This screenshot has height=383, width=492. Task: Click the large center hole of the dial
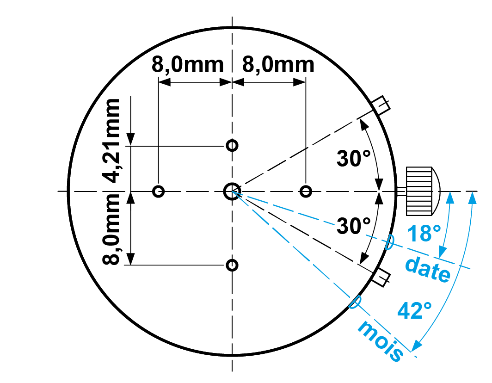click(x=232, y=191)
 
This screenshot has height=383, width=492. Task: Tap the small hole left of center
click(x=159, y=191)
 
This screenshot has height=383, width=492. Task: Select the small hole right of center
click(x=305, y=191)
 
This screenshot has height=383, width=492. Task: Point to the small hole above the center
click(x=232, y=146)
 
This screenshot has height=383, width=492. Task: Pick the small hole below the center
click(x=232, y=265)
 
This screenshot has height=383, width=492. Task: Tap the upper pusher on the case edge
click(x=382, y=105)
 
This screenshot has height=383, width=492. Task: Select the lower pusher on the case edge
click(x=382, y=277)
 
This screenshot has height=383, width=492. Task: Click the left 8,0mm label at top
click(x=187, y=65)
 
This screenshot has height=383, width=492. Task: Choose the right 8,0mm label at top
click(x=278, y=65)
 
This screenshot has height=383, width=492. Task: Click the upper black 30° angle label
click(x=354, y=159)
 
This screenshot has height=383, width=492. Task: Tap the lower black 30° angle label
click(x=354, y=226)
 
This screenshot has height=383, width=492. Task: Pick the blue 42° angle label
click(x=415, y=310)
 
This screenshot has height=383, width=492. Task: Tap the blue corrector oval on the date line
click(x=390, y=241)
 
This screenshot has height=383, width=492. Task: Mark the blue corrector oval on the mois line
click(x=354, y=302)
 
